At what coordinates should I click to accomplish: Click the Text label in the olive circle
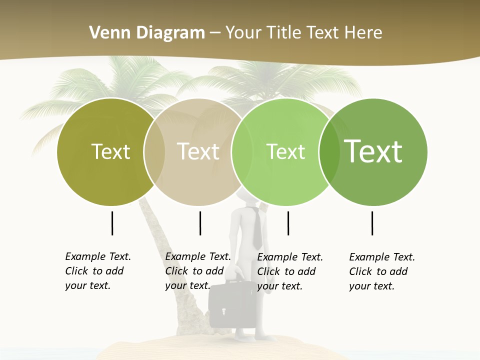110,151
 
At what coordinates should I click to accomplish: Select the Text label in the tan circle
198,151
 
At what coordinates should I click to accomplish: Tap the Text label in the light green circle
285,151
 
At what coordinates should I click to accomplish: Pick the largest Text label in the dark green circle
373,151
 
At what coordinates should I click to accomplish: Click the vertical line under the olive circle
112,223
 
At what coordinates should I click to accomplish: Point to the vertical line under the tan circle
200,223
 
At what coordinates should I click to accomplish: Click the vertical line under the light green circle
288,223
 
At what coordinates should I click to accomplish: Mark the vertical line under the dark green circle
372,223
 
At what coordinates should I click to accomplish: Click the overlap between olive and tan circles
154,151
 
